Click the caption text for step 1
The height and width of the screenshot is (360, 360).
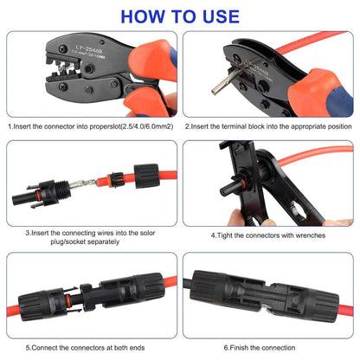90,125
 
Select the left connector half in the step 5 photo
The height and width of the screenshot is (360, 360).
48,299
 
